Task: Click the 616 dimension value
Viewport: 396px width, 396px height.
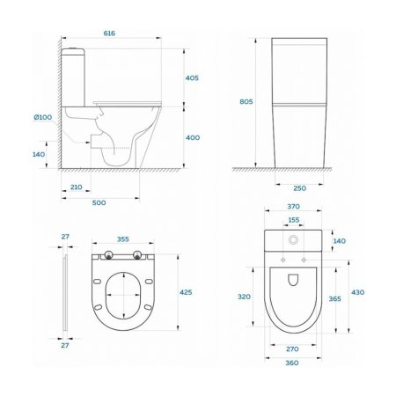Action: pos(109,33)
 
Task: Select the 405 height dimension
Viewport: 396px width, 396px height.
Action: pos(193,78)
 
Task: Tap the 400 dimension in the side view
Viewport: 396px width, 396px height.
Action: pos(193,137)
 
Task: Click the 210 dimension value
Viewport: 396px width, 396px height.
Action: pos(76,187)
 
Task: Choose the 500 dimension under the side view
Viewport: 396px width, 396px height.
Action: pos(99,203)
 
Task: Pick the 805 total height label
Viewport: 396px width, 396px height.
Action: pos(246,102)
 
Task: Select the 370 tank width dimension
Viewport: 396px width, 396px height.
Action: pos(294,207)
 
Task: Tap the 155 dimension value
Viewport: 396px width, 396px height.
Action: pos(293,220)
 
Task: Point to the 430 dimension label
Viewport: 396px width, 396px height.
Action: pos(358,292)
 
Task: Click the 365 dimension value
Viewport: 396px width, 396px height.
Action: pos(334,299)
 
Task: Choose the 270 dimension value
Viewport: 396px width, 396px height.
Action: pos(294,348)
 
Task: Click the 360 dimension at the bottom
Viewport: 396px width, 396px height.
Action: pos(294,363)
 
